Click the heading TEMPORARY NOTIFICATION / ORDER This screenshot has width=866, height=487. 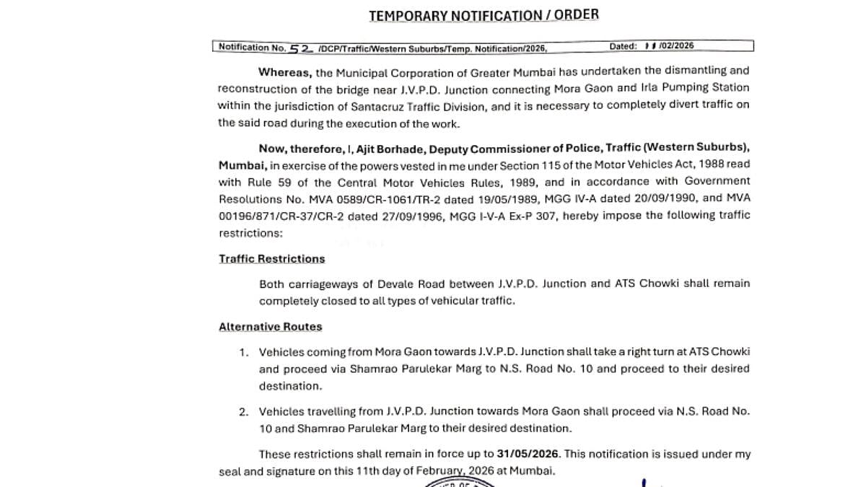click(x=484, y=14)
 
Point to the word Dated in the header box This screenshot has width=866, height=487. click(x=623, y=46)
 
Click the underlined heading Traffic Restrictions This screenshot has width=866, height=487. click(x=272, y=258)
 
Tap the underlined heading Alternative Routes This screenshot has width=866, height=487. click(x=271, y=327)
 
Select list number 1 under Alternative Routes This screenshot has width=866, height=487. click(x=244, y=352)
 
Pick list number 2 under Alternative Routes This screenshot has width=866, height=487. click(x=244, y=412)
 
